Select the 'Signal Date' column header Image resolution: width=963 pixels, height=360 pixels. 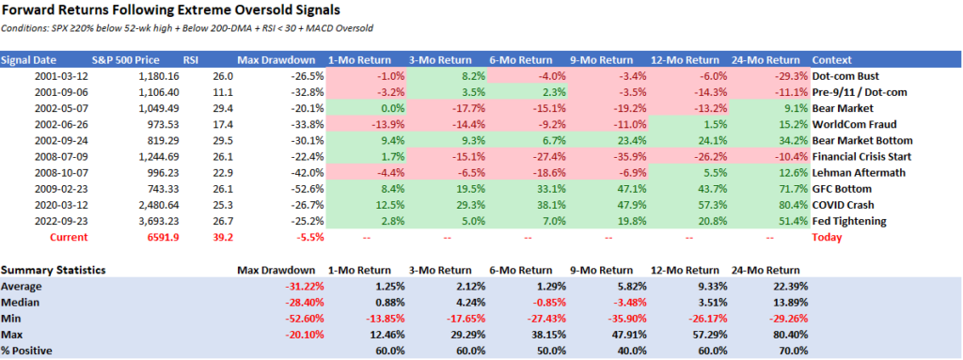tap(30, 59)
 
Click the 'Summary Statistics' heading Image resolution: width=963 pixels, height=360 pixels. tap(53, 270)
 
